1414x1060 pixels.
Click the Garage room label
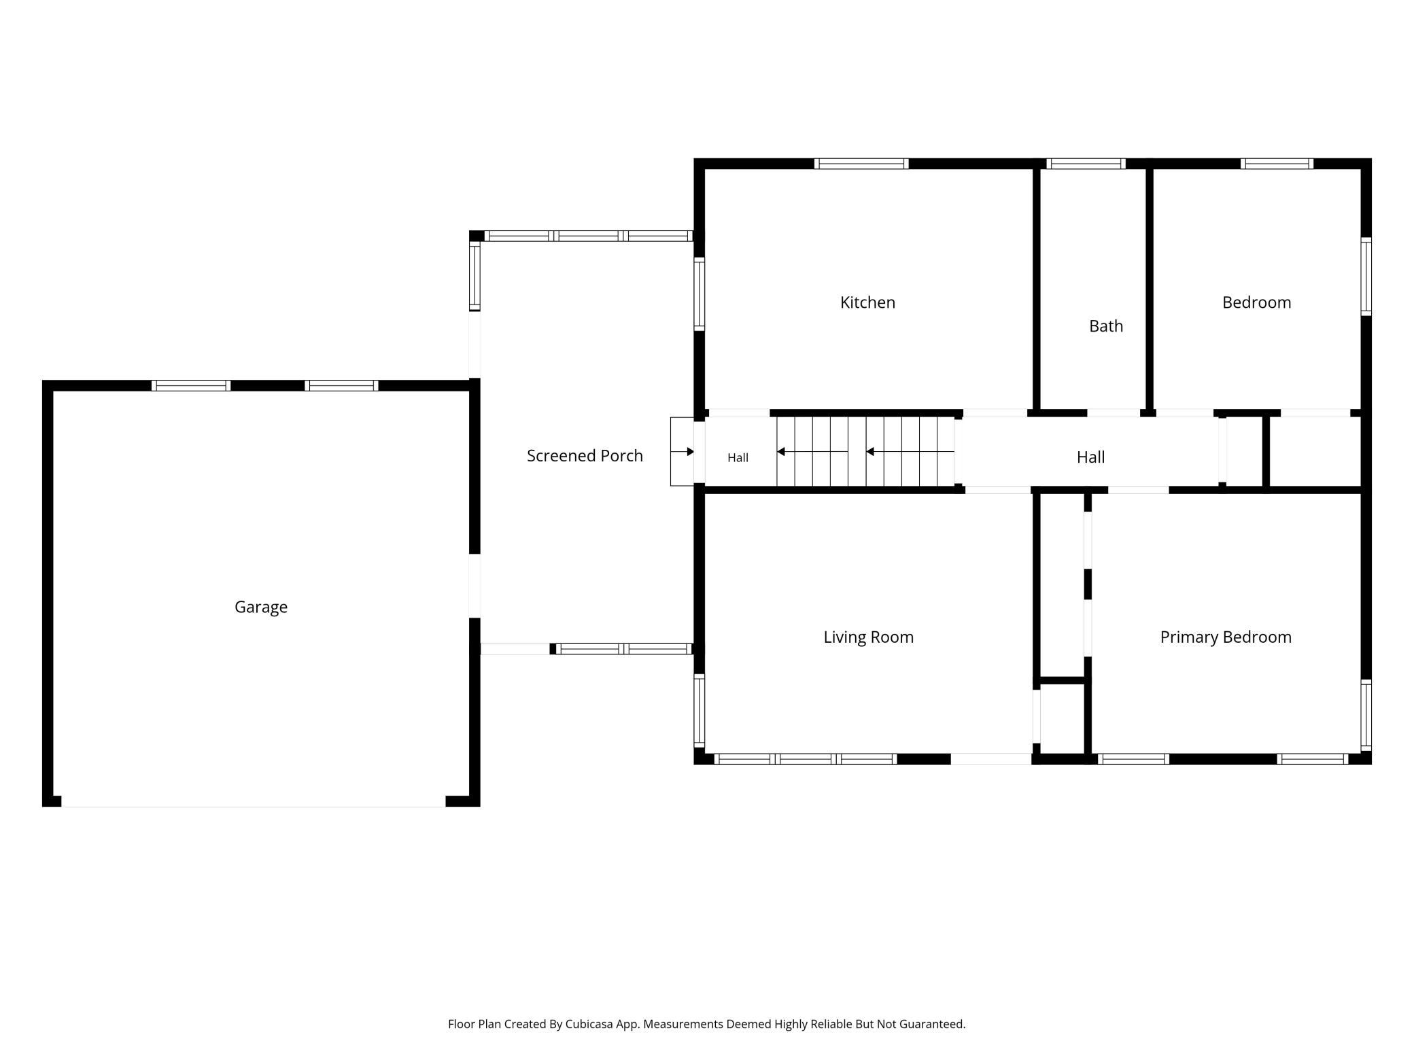(x=261, y=607)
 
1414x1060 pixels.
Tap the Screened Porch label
(x=585, y=456)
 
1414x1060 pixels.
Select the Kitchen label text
(x=867, y=302)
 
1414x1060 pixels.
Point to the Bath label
(x=1106, y=326)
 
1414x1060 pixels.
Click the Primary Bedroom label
(x=1226, y=637)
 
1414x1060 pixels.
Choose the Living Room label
(x=868, y=637)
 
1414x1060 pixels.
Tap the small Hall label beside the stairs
(x=738, y=458)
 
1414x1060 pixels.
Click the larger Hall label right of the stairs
(x=1090, y=457)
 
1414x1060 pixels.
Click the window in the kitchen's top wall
(x=861, y=164)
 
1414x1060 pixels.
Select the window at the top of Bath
(x=1086, y=164)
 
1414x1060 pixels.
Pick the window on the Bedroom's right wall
(x=1366, y=276)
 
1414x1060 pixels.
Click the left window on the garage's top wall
(x=191, y=386)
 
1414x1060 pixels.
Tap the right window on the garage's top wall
(x=341, y=386)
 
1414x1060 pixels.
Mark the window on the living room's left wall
(x=699, y=710)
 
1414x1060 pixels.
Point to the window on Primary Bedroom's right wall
(x=1366, y=715)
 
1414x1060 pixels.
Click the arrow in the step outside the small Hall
(x=682, y=452)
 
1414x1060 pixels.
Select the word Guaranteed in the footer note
(x=932, y=1024)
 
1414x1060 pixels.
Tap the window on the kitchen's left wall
(x=699, y=294)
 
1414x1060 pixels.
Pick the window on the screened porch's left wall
(x=475, y=277)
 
